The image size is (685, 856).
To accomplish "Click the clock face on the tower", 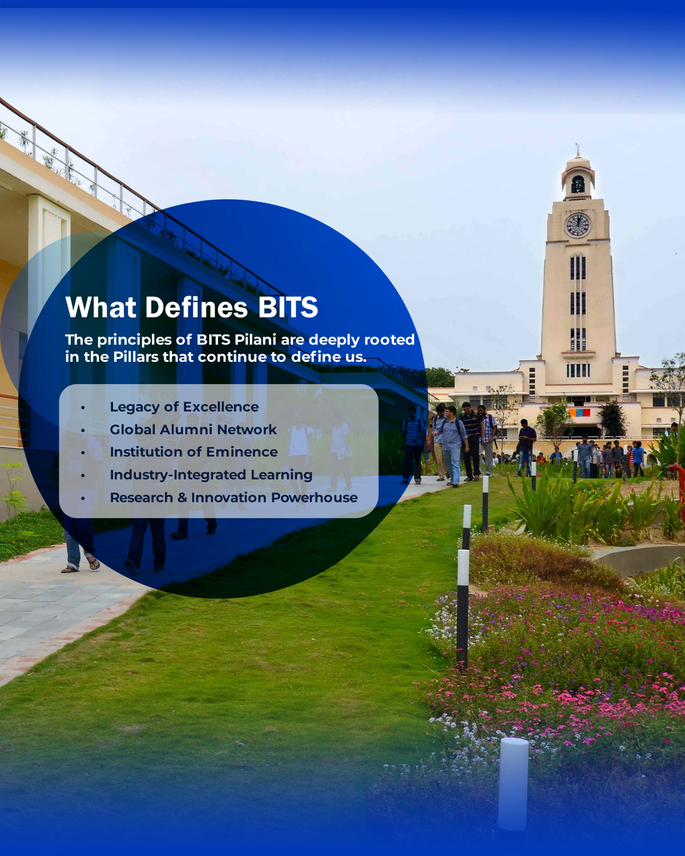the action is tap(578, 225).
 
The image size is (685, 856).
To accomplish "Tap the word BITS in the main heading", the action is tap(288, 308).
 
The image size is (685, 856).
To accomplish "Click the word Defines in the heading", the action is tap(196, 308).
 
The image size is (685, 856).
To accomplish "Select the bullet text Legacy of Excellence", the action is tap(184, 407).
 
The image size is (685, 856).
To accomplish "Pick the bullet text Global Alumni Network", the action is tap(193, 430).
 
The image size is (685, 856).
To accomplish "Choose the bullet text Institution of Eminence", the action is tap(194, 452).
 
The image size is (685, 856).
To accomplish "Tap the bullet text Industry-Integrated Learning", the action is tap(211, 475).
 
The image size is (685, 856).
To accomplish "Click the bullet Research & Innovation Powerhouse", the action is tap(233, 498).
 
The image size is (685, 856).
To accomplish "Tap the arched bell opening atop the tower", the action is tap(578, 184).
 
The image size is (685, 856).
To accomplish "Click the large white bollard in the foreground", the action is tap(513, 784).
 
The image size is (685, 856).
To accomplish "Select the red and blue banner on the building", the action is tap(579, 413).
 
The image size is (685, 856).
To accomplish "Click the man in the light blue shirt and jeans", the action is tap(453, 446).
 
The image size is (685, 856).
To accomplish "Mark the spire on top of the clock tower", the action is tap(577, 150).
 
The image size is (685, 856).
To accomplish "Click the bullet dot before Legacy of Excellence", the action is tap(83, 407).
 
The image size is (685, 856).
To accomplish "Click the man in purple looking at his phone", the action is tap(526, 447).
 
